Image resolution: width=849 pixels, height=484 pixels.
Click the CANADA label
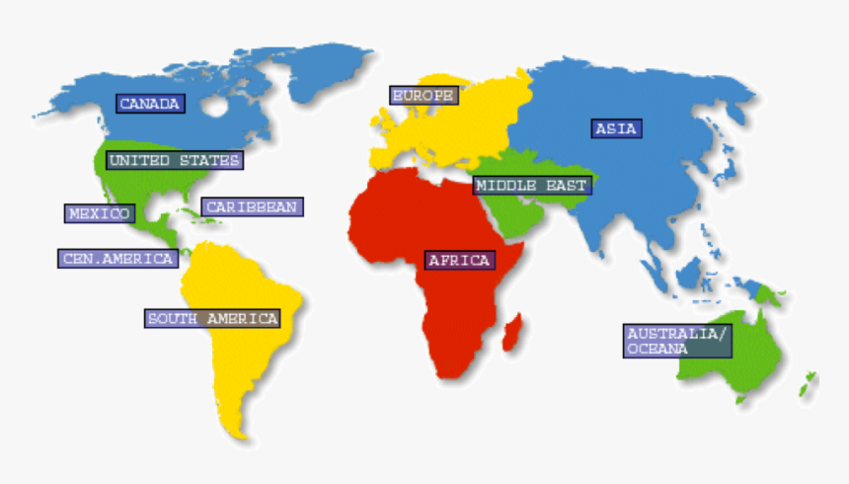150,103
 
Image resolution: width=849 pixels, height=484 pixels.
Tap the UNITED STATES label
174,160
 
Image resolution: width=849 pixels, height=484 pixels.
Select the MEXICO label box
99,213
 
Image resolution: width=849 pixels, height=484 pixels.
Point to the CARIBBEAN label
252,207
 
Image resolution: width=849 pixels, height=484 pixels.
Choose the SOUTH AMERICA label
212,318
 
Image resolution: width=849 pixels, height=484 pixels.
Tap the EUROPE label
424,96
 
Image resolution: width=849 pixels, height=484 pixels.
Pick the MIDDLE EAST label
531,186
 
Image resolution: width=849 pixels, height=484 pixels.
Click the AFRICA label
459,261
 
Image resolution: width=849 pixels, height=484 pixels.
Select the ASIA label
617,128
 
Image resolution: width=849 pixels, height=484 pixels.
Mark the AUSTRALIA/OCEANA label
677,341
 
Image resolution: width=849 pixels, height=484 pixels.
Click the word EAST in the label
567,186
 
